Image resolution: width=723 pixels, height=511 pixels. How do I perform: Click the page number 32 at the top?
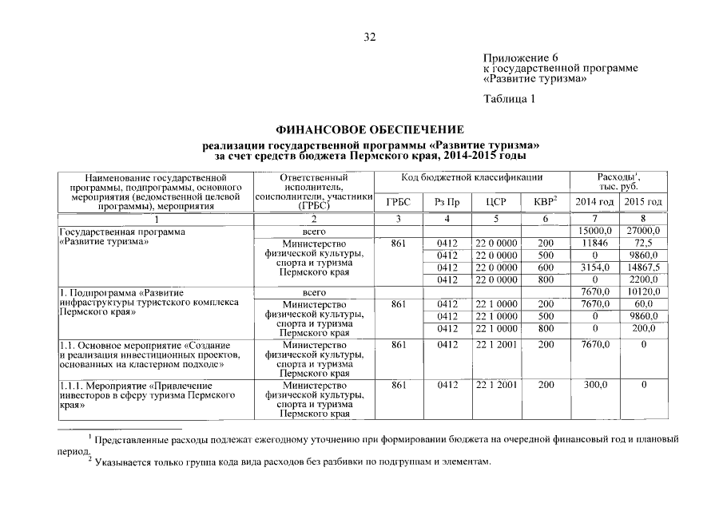tap(369, 37)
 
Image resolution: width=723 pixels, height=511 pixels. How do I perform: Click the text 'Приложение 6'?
tap(520, 57)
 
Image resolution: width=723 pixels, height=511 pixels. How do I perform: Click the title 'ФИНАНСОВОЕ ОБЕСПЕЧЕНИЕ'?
tap(370, 129)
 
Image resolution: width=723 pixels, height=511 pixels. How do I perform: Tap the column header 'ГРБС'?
tap(397, 202)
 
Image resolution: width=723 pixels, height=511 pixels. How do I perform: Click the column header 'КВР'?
tap(545, 202)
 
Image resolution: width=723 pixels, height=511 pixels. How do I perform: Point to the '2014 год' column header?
tap(594, 202)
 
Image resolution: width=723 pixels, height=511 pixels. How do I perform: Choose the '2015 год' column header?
tap(643, 202)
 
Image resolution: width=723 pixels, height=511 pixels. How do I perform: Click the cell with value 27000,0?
tap(643, 232)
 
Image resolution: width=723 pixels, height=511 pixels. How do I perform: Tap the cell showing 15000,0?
tap(595, 232)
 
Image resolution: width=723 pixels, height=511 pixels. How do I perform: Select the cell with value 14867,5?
tap(643, 267)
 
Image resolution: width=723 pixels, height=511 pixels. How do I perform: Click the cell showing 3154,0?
tap(595, 267)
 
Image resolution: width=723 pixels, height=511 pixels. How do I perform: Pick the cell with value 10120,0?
tap(643, 292)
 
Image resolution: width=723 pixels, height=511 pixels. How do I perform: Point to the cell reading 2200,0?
tap(643, 279)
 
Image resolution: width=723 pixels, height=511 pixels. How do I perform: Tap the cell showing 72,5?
tap(643, 244)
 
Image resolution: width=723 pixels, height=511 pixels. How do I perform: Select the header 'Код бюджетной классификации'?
tap(471, 177)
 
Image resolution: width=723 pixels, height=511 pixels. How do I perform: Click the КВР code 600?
tap(545, 267)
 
